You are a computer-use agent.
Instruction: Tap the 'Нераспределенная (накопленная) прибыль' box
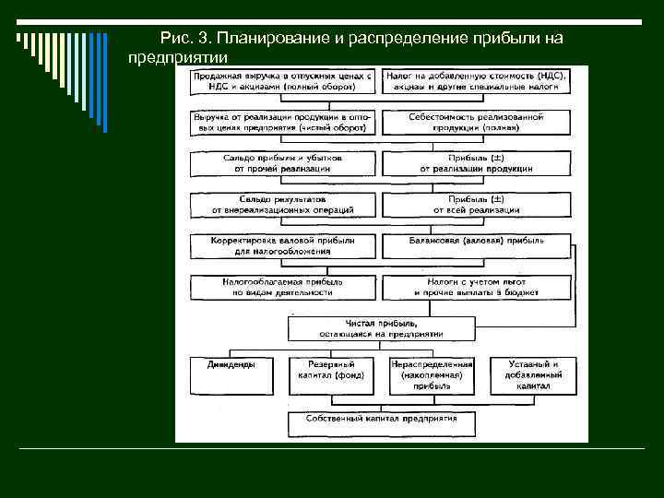point(432,374)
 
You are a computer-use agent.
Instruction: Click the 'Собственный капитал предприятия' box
point(381,423)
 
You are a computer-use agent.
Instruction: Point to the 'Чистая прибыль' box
point(381,329)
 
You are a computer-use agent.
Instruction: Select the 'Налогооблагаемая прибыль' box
point(283,287)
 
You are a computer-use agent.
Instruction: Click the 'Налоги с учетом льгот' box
point(476,287)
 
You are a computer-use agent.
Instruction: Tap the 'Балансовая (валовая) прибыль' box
point(476,245)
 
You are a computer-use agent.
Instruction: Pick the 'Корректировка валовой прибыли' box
point(283,245)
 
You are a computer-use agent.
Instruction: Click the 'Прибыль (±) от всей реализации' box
point(476,204)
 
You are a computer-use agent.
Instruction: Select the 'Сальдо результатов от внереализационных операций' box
point(283,204)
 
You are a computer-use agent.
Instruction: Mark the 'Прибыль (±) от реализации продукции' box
point(476,163)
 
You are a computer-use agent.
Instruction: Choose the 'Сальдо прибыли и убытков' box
point(283,163)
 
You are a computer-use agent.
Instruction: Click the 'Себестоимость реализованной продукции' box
point(476,123)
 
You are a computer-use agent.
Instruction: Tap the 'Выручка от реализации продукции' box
point(283,123)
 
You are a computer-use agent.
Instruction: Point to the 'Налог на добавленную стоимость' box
point(476,81)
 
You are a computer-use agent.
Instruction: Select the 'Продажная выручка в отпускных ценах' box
point(283,81)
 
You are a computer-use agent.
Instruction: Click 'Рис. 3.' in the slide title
point(185,39)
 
